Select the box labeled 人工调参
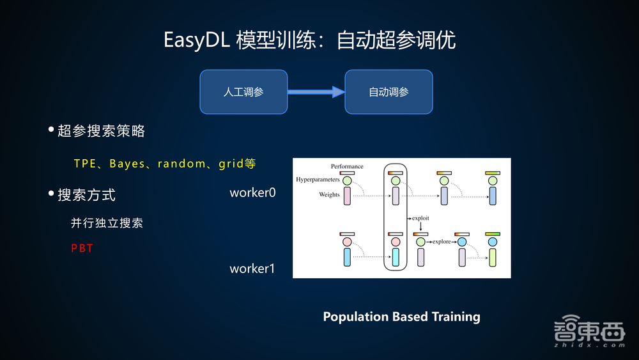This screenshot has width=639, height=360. coord(243,92)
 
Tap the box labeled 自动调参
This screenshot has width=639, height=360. coord(389,92)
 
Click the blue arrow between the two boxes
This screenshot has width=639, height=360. coord(316,92)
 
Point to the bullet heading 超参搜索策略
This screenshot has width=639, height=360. coord(101,131)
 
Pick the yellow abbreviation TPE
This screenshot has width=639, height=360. coord(84,164)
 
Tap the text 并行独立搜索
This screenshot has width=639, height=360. coord(107,223)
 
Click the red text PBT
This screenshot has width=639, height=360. coord(82,248)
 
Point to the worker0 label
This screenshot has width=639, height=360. coord(252,192)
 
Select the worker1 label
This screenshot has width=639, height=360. coord(252,269)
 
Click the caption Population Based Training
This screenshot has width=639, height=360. coord(401,317)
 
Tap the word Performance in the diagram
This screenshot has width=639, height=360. coord(347,167)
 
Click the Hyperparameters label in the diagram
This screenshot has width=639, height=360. coord(318,180)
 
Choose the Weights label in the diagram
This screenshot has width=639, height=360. coord(330,194)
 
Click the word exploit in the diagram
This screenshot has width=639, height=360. coord(420,218)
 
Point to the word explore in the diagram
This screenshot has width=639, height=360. coord(442,242)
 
